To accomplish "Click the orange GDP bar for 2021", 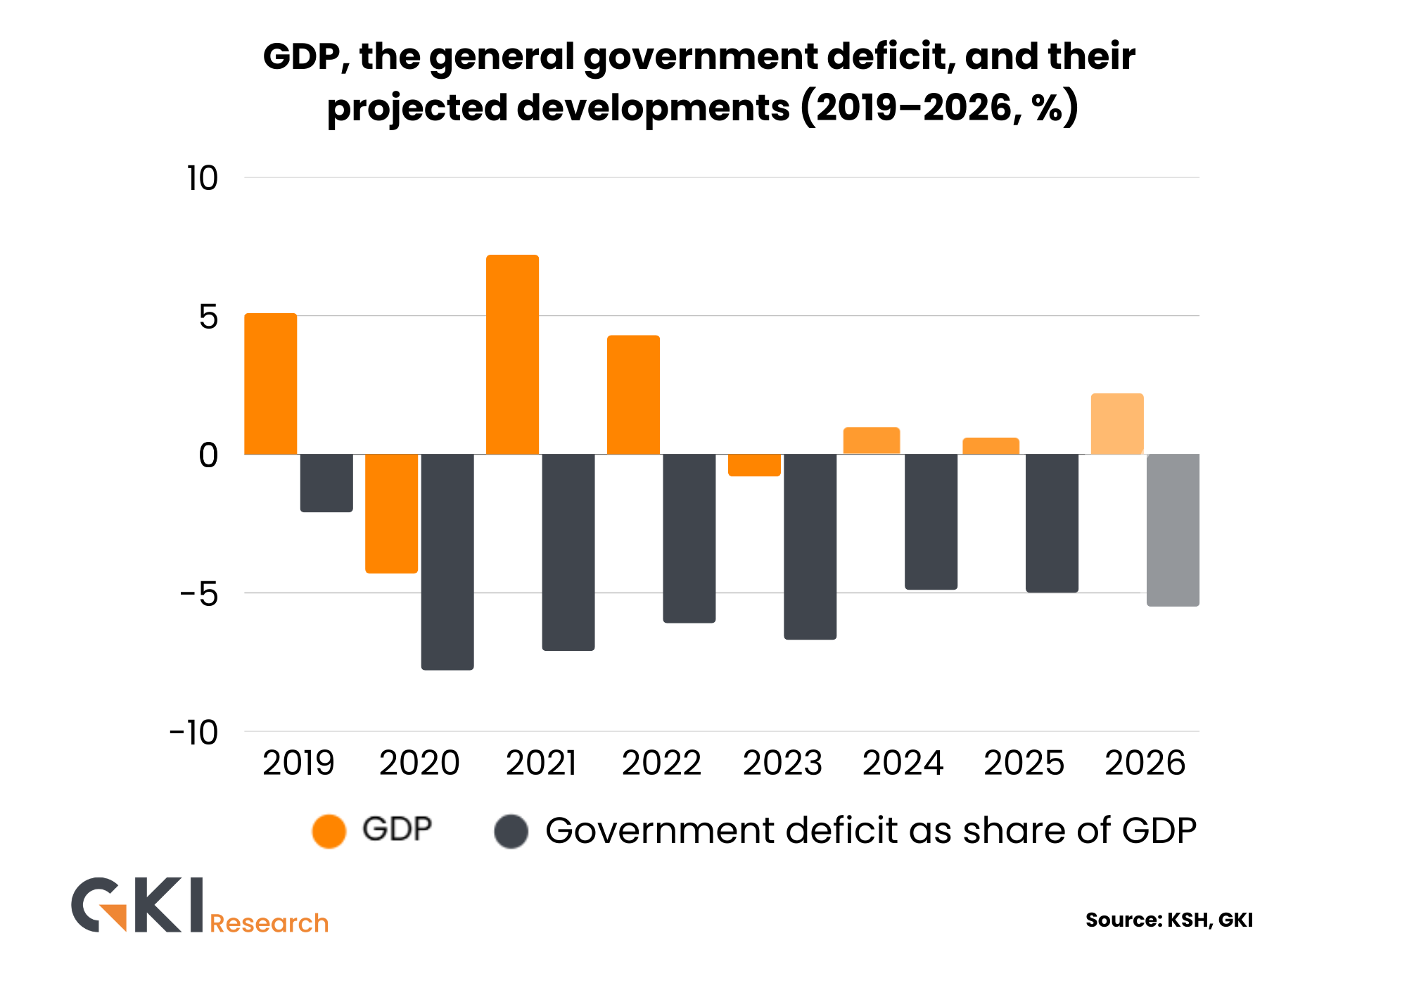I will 512,355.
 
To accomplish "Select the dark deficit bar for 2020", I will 447,562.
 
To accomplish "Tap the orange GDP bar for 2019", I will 271,384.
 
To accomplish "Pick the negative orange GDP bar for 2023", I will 754,465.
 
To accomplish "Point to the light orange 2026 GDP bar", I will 1117,424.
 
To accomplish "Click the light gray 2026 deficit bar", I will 1173,530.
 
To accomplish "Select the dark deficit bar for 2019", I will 326,483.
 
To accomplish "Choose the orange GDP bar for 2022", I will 633,395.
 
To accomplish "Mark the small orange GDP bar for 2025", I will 991,446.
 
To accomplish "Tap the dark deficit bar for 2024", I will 931,521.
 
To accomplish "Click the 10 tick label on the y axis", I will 203,179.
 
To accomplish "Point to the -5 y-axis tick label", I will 200,594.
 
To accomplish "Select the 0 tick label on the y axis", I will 209,455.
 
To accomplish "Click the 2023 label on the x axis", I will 782,763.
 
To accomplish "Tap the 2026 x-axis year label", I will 1145,763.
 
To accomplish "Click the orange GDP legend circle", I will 329,831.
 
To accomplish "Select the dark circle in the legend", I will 511,831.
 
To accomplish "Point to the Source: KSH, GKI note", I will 1169,920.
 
